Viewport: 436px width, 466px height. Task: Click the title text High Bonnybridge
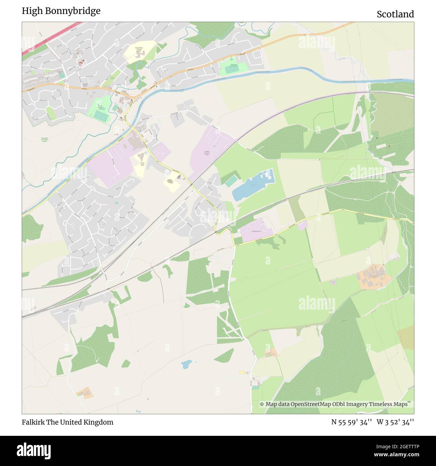pyautogui.click(x=61, y=11)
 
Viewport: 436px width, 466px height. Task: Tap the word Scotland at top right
pyautogui.click(x=395, y=14)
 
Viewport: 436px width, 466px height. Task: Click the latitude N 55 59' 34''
pyautogui.click(x=351, y=422)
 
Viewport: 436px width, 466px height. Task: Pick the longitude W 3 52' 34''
pyautogui.click(x=395, y=422)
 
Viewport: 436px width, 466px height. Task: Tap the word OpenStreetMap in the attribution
pyautogui.click(x=311, y=404)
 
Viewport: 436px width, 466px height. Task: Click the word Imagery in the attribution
pyautogui.click(x=356, y=404)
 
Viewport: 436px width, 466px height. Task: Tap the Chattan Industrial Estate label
pyautogui.click(x=207, y=153)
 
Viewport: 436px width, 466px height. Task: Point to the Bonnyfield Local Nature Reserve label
pyautogui.click(x=45, y=139)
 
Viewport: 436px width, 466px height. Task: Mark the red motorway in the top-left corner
pyautogui.click(x=50, y=38)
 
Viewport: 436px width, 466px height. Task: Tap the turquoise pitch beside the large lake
pyautogui.click(x=230, y=181)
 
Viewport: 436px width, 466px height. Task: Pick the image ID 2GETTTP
pyautogui.click(x=401, y=446)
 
